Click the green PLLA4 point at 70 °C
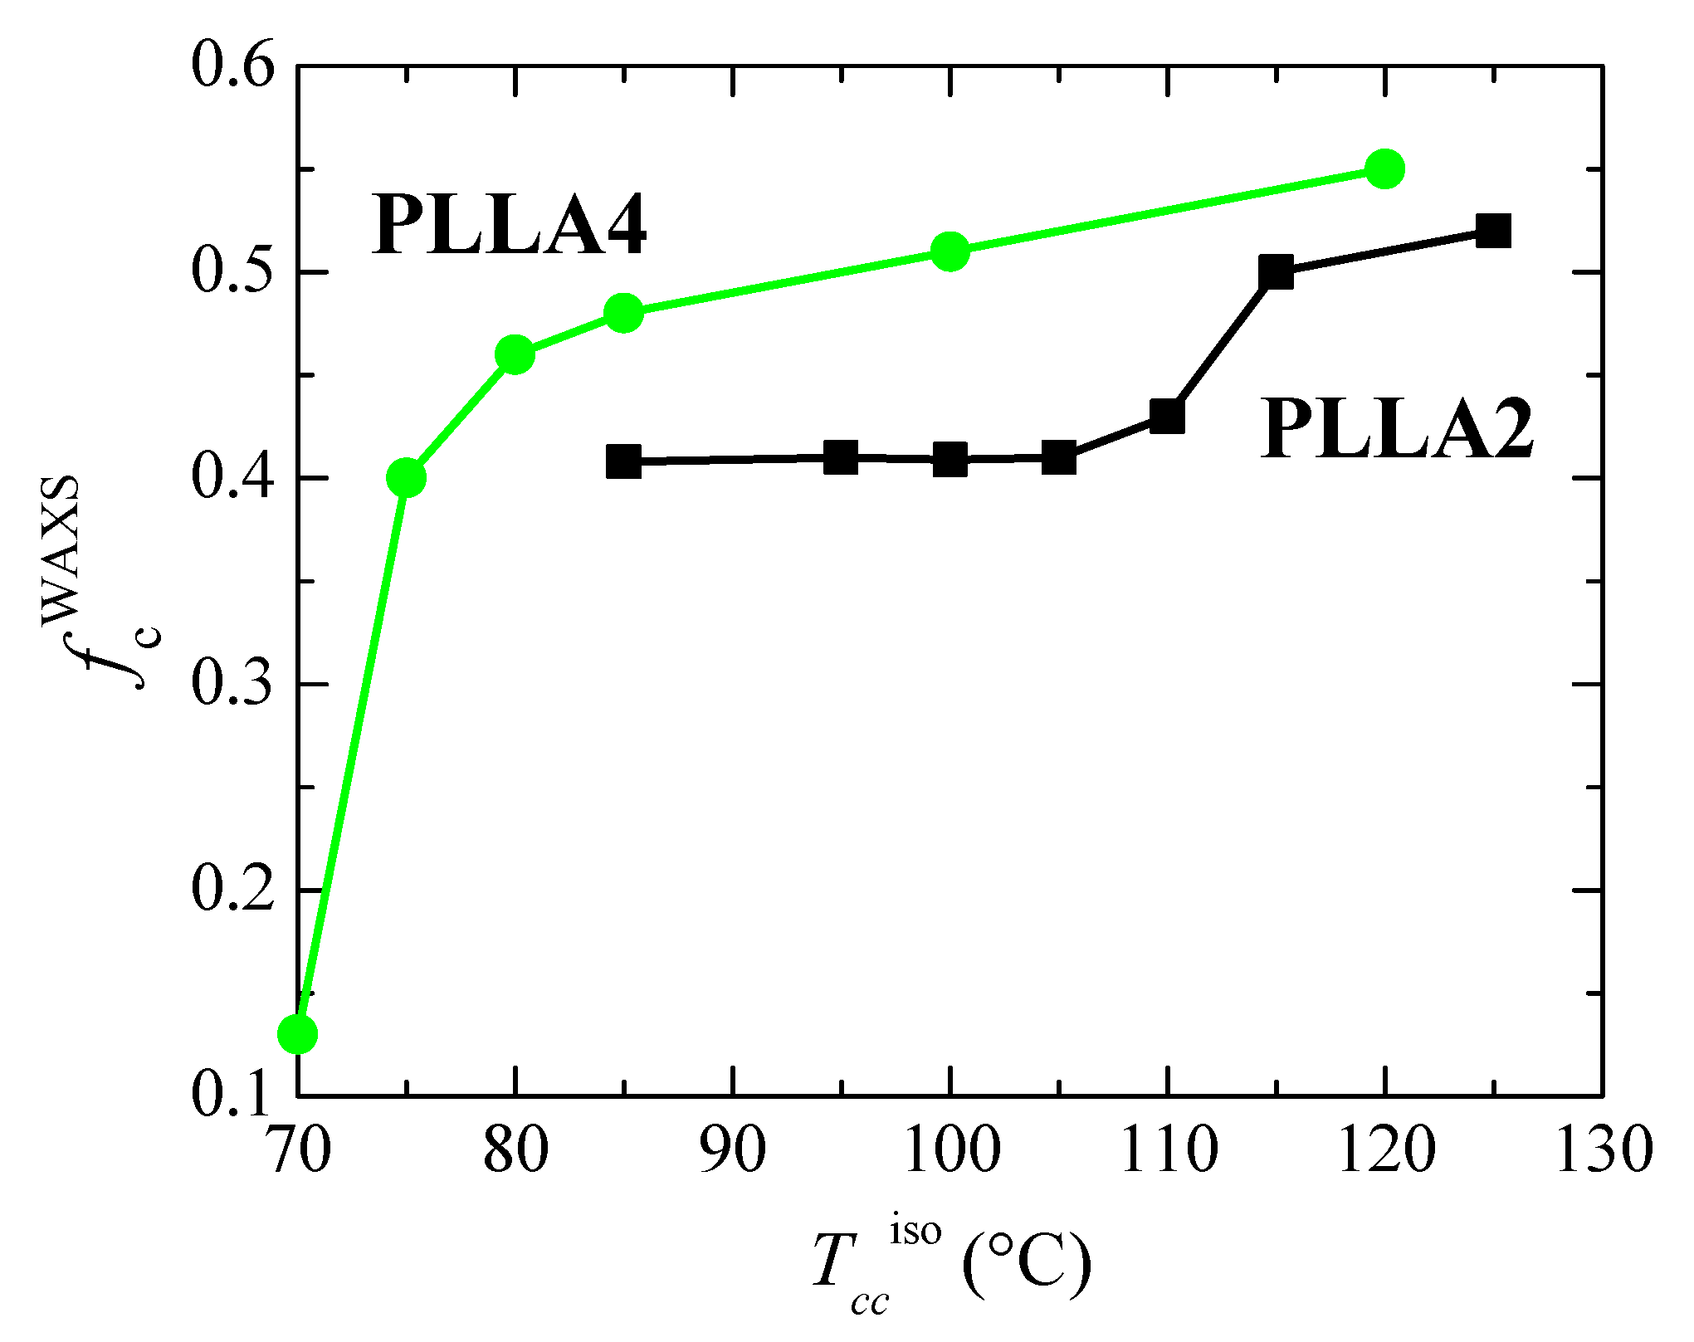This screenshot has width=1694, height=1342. tap(297, 1034)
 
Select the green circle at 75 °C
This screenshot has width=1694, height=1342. tap(406, 478)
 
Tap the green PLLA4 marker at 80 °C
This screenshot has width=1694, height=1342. tap(515, 355)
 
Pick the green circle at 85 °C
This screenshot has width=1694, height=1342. tap(623, 313)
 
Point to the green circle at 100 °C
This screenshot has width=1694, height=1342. tap(950, 251)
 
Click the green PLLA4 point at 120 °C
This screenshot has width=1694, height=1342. tap(1384, 169)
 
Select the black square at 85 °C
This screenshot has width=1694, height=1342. tap(623, 461)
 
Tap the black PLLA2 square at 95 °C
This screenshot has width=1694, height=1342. tap(841, 457)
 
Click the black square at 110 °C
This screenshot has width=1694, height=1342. tap(1167, 416)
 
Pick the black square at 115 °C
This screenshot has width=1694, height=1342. tap(1276, 272)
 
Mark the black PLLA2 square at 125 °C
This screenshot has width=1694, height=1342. tap(1493, 231)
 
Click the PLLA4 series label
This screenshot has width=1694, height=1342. tap(509, 224)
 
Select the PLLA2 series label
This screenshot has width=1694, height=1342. tap(1397, 429)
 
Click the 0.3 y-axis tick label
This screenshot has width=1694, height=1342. tap(232, 685)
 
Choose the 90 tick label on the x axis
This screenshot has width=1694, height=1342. tap(732, 1152)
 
